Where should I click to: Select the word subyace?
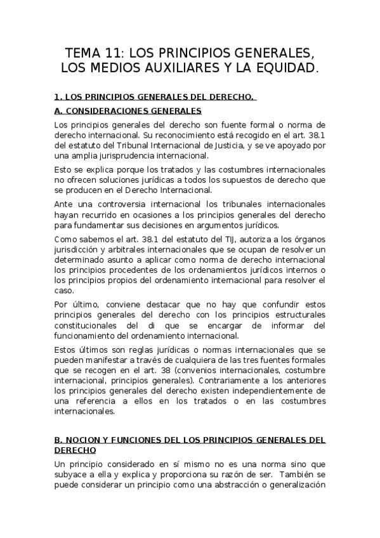(x=71, y=476)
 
